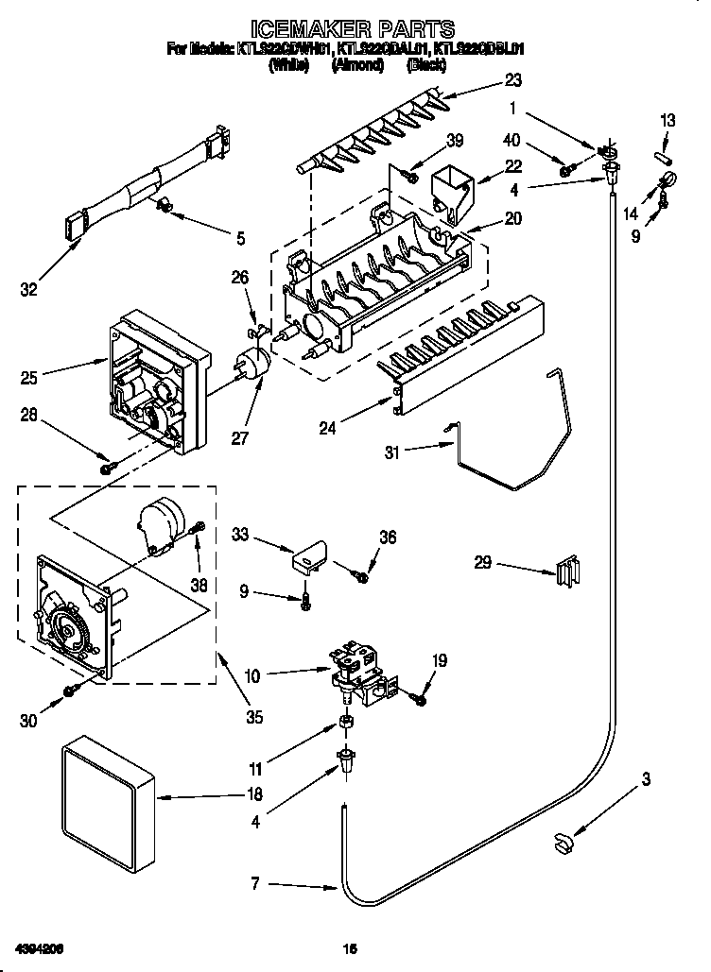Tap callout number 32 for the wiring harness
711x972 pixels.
coord(30,290)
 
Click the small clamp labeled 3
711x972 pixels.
coord(565,839)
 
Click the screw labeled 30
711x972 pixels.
coord(69,692)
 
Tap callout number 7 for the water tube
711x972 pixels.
coord(254,886)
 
